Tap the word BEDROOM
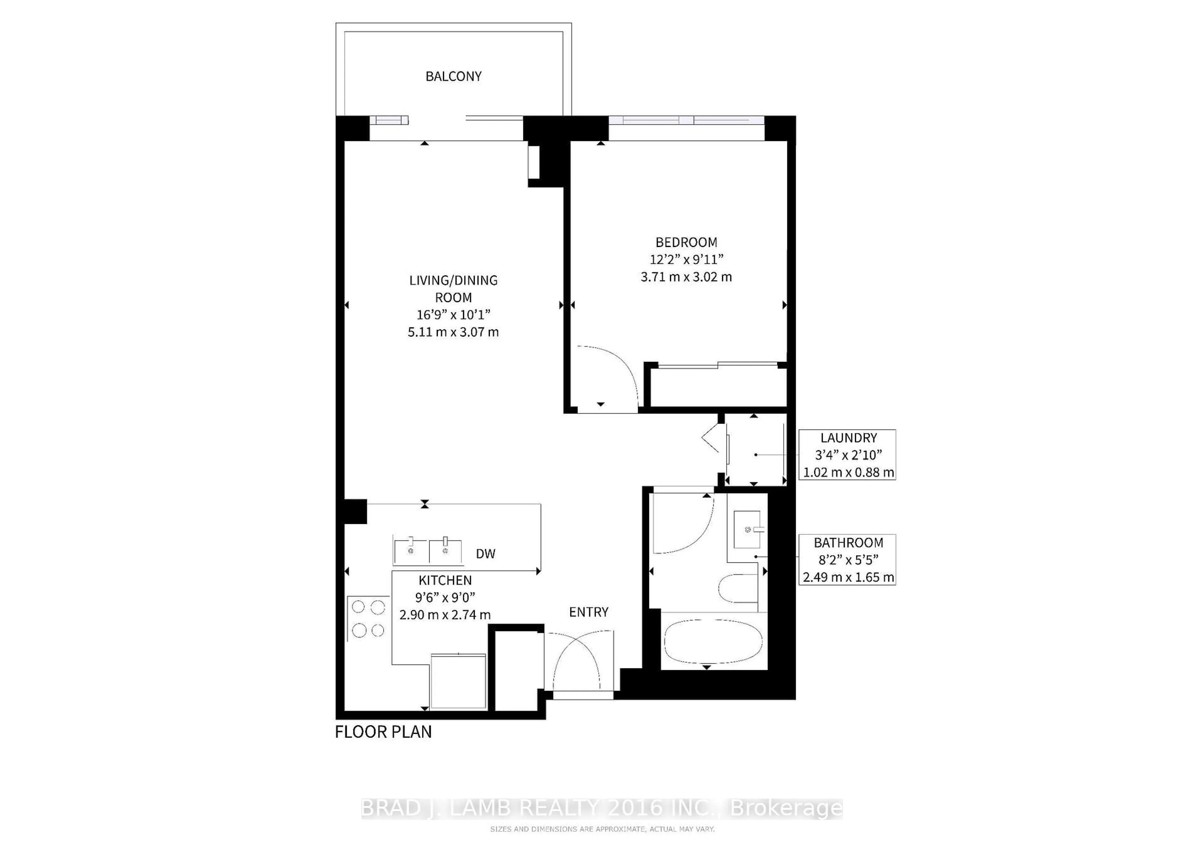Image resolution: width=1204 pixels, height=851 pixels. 686,242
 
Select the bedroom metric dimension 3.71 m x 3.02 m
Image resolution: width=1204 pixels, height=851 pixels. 686,277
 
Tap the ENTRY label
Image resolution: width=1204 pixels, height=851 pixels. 589,612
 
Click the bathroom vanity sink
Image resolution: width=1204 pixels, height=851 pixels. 747,529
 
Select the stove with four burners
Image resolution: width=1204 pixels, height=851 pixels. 368,619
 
